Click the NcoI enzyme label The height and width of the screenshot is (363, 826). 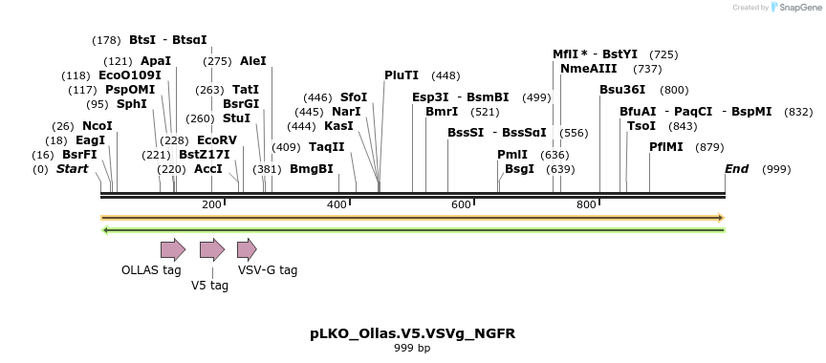[97, 126]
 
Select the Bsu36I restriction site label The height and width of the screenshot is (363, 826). [622, 90]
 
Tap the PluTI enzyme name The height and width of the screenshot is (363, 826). [402, 75]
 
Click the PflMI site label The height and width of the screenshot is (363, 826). [666, 147]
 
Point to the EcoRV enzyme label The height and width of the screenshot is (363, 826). [216, 140]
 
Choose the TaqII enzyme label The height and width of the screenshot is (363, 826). [326, 147]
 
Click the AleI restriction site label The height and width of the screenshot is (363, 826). [253, 61]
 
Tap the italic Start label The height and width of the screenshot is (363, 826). [73, 169]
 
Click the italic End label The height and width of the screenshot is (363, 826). [736, 169]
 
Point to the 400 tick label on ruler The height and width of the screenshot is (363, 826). [337, 205]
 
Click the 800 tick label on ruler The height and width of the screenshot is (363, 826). [586, 205]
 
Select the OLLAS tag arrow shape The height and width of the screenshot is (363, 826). [173, 249]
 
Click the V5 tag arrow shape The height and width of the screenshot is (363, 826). [211, 249]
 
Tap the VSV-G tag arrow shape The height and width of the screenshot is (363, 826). [247, 249]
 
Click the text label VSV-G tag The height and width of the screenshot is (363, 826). [268, 270]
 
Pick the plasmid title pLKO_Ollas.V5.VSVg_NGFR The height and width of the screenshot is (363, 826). [412, 334]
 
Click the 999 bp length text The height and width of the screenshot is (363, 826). [412, 349]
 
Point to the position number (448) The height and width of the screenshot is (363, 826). [446, 75]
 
